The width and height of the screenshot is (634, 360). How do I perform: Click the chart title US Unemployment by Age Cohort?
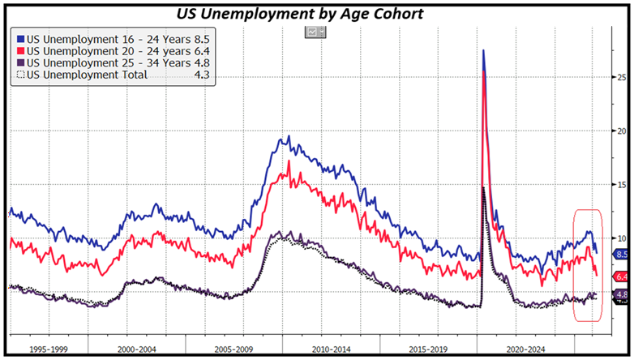[x=317, y=14]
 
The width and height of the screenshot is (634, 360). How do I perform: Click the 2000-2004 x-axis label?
[x=143, y=349]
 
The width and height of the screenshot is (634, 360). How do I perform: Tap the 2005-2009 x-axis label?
[x=234, y=349]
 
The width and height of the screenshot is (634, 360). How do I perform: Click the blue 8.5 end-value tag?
[x=622, y=254]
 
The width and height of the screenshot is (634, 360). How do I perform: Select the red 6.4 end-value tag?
[x=622, y=276]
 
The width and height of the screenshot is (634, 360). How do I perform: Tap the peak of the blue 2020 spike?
[x=484, y=50]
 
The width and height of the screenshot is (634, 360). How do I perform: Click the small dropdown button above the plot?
[x=315, y=32]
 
